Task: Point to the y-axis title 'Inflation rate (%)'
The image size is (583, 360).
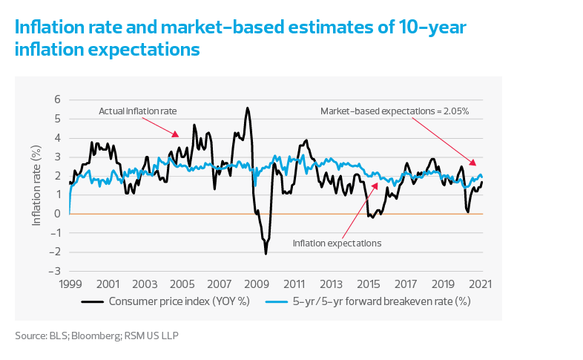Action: pyautogui.click(x=36, y=185)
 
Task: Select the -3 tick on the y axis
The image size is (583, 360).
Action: pyautogui.click(x=55, y=272)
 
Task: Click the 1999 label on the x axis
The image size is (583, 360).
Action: pyautogui.click(x=70, y=284)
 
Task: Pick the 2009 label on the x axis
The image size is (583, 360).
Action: pyautogui.click(x=255, y=284)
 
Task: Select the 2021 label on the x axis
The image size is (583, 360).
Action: pyautogui.click(x=480, y=284)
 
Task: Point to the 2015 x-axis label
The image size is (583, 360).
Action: pyautogui.click(x=367, y=284)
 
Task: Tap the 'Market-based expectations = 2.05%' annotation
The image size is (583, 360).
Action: pyautogui.click(x=395, y=111)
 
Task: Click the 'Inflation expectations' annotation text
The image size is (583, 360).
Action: pyautogui.click(x=337, y=243)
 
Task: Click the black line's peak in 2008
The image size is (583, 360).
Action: pyautogui.click(x=248, y=108)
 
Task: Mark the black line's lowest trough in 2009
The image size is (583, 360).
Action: pyautogui.click(x=266, y=254)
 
